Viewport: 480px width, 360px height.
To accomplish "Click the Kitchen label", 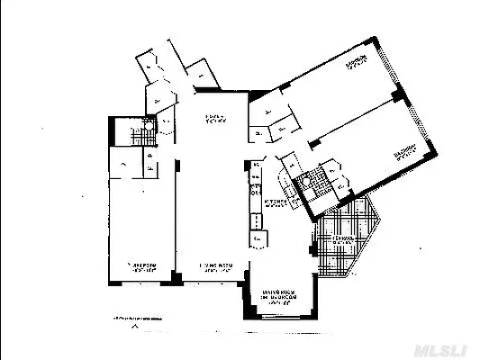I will tap(276, 204).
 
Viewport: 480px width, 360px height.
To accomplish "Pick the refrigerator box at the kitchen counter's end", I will tap(258, 239).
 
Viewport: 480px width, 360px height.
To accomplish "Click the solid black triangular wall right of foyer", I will tap(251, 95).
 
